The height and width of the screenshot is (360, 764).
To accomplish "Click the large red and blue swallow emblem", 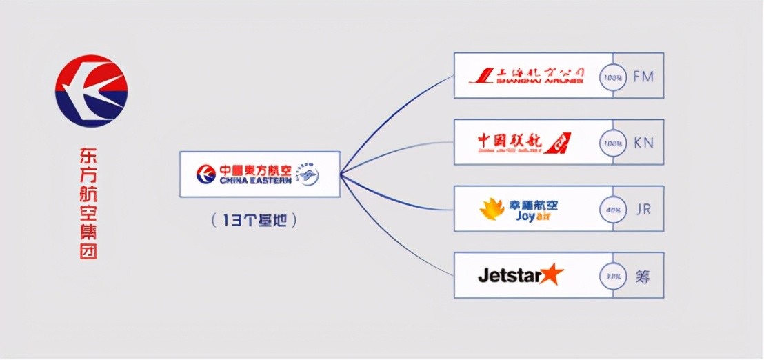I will click(x=91, y=90).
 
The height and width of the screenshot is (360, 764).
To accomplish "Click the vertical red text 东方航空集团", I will click(x=88, y=204).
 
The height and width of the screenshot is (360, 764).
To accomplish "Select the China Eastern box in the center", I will click(x=260, y=174).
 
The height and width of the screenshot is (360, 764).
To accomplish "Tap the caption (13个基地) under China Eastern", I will click(x=255, y=221).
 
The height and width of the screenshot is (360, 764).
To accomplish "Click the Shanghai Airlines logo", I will click(x=527, y=75).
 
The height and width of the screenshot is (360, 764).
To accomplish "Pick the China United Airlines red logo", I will click(x=524, y=142).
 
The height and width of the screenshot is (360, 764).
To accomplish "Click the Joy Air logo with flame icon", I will click(x=519, y=209).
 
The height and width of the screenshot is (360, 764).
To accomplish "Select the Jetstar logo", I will click(x=521, y=274).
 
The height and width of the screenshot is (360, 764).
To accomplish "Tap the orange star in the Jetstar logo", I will click(x=552, y=274).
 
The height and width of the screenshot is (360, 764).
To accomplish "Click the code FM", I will click(x=643, y=76).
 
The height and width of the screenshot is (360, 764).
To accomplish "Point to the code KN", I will click(x=643, y=143).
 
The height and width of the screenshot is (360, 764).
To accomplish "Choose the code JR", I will click(x=643, y=209).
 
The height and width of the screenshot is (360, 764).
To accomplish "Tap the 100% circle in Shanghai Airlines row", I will click(x=612, y=76).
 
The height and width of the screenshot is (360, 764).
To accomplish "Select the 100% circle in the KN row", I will click(x=612, y=143).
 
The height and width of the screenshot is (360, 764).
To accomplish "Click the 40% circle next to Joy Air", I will click(x=612, y=209).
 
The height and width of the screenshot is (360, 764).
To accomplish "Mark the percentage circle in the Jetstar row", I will click(x=612, y=275).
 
